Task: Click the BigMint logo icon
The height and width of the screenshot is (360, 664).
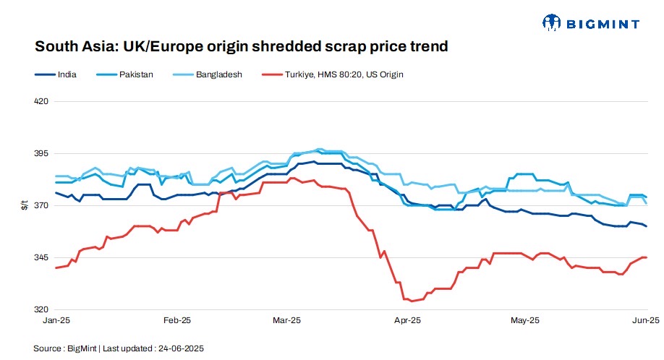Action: tap(552, 23)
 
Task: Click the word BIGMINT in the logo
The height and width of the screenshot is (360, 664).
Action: tap(602, 24)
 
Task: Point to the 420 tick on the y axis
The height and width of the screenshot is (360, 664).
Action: tap(41, 101)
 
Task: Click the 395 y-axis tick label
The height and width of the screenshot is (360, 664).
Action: tap(41, 154)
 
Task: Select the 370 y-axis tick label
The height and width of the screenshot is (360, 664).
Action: tap(41, 206)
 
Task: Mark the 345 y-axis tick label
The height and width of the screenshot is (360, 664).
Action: tap(41, 258)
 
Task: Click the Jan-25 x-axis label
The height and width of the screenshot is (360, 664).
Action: tap(56, 320)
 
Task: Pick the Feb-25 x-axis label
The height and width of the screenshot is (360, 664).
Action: tap(177, 320)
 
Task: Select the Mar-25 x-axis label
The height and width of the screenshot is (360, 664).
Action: tap(287, 320)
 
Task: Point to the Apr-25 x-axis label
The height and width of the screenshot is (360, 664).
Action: tap(408, 320)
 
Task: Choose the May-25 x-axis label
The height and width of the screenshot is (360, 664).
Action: tap(525, 320)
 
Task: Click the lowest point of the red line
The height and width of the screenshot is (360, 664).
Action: tap(412, 301)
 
